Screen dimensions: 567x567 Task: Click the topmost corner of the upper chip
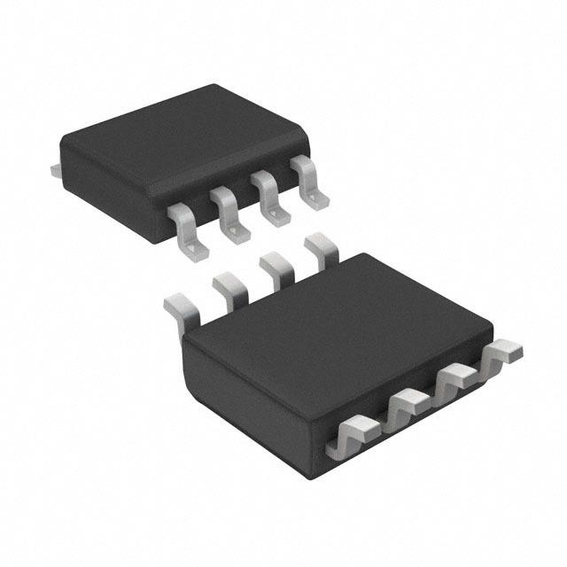tap(213, 85)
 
